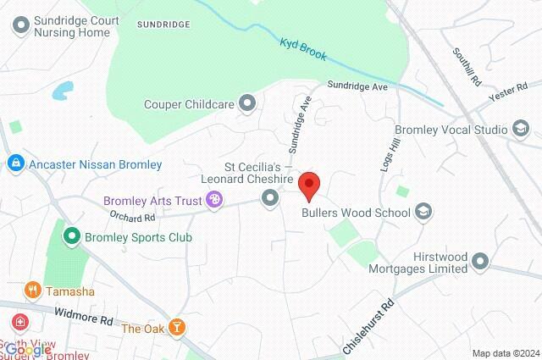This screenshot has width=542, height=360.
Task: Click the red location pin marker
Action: point(311,184)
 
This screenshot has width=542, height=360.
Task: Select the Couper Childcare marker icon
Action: point(247,103)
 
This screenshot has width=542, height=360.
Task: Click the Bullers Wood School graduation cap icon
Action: point(423,213)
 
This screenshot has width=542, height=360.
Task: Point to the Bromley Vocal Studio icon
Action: point(520,129)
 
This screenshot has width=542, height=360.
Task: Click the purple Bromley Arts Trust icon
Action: point(214,200)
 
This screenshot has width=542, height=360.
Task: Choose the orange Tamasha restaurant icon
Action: point(33,291)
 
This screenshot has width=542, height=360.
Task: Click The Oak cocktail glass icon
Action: point(177,328)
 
